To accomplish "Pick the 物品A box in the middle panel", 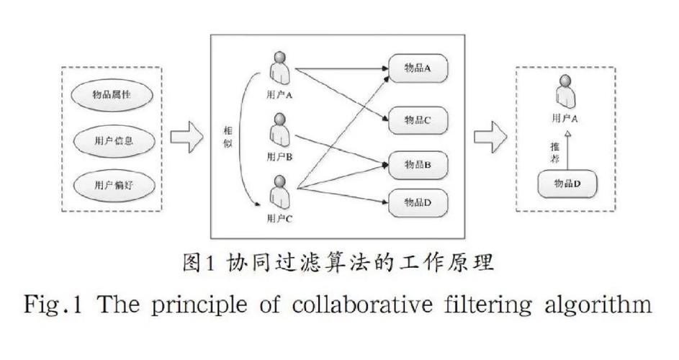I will point(418,68).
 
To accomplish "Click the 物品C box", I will point(418,120).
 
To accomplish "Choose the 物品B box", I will point(418,165).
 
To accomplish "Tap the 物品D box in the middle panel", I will point(418,202).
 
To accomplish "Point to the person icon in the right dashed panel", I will point(566,91).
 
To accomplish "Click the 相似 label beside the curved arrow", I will point(228,138).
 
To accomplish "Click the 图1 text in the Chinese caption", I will point(199,263).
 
